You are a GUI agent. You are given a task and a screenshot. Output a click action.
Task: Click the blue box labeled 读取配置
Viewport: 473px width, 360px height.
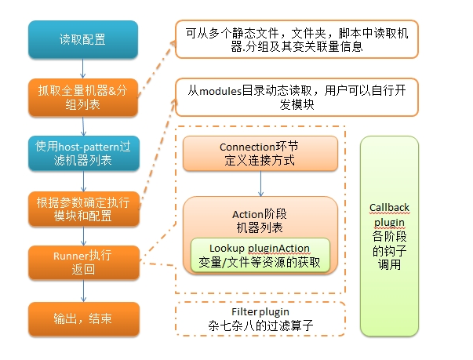coord(83,39)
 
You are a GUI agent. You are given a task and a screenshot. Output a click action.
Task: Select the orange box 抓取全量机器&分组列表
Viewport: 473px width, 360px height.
coord(83,97)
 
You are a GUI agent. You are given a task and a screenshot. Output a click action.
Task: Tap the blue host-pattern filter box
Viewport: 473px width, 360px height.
coord(84,153)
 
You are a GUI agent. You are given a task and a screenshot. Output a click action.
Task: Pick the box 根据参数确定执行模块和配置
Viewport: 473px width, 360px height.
coord(84,209)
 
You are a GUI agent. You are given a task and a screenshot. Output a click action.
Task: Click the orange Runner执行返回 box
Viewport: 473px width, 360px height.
coord(84,263)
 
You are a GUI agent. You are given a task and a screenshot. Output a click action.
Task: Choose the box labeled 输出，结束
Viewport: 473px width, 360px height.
coord(84,318)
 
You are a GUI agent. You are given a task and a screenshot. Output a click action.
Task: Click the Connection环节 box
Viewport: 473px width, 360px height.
coord(260,154)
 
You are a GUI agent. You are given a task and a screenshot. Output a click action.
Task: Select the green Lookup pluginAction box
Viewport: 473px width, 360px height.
coord(260,255)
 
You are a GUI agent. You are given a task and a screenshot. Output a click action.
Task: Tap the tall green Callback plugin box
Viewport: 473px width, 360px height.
coord(389,236)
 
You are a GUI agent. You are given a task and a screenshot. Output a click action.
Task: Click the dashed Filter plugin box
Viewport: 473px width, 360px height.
coord(260,318)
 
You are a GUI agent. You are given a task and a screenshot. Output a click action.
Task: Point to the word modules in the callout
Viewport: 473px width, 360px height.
coord(220,90)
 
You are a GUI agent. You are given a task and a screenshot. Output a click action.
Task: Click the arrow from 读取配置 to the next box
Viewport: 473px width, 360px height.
coord(83,68)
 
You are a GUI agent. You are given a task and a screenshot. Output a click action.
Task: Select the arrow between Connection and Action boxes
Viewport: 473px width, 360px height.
coord(261,184)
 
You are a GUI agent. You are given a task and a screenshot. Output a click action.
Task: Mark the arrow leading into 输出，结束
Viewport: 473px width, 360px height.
coord(84,291)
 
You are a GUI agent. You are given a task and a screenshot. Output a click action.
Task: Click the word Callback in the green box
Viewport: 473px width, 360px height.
coord(389,207)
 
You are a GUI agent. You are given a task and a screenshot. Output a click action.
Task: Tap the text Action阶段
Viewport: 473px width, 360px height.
coord(260,214)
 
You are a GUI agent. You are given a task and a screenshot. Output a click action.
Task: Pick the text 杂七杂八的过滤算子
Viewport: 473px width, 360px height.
coord(260,325)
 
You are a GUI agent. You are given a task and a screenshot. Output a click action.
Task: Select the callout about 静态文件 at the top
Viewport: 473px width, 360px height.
coord(297,39)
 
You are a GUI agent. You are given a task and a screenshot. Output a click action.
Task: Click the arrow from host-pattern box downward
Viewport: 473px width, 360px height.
coord(84,181)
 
